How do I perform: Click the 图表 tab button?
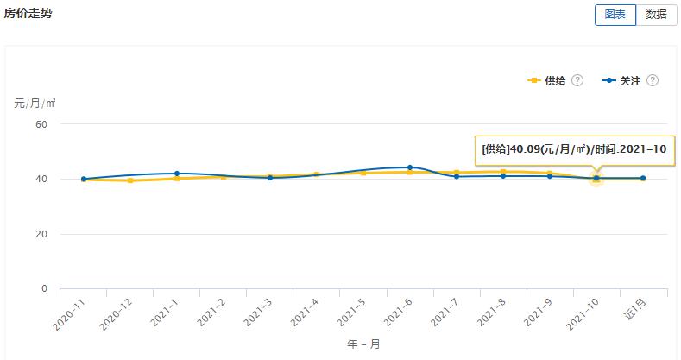coord(615,15)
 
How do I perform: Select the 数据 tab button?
coord(656,15)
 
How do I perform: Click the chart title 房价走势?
coord(28,13)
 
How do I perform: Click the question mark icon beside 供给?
coord(577,80)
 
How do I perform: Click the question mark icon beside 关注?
coord(653,80)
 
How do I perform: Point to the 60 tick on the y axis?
coord(41,124)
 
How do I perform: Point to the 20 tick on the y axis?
coord(41,234)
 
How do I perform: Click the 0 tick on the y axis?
coord(44,289)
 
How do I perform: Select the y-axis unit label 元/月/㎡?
coord(35,104)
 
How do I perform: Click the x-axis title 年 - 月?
coord(363,344)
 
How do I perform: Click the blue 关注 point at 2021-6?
coord(410,167)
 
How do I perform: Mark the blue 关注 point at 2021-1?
coord(177,174)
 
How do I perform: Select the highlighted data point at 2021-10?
coord(596,179)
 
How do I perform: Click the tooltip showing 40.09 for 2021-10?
coord(574,149)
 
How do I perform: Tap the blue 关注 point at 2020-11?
coord(84,179)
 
